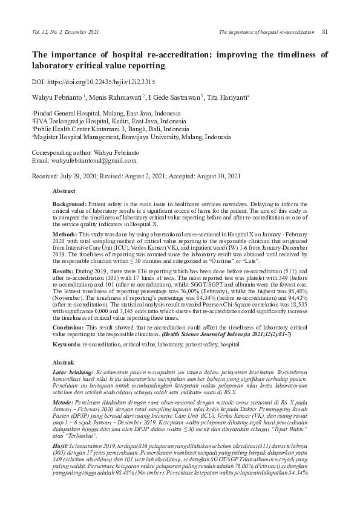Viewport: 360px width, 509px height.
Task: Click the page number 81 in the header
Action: [x=325, y=31]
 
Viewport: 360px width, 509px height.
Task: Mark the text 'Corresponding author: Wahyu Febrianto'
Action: [x=87, y=153]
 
